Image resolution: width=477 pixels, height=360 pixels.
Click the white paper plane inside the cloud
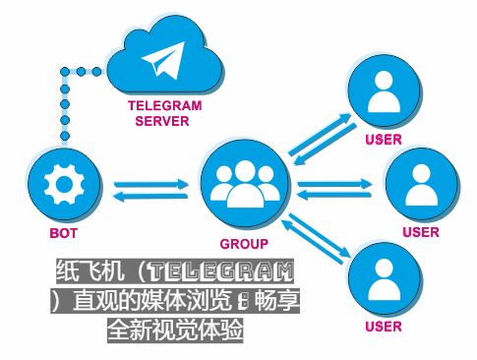(x=163, y=60)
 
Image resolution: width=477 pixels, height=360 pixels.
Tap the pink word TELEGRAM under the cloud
(x=164, y=105)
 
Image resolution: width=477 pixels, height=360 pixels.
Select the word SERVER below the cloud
(x=162, y=121)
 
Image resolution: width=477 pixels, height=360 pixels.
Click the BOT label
(x=63, y=233)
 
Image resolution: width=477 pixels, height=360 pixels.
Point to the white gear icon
(x=64, y=185)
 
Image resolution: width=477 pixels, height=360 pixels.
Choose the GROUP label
(x=244, y=244)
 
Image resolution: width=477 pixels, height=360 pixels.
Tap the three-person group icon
(x=245, y=184)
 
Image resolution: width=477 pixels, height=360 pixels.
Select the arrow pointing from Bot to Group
(x=150, y=184)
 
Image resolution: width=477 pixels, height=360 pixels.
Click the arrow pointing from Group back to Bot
(x=150, y=196)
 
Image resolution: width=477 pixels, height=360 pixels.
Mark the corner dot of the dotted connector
(x=65, y=72)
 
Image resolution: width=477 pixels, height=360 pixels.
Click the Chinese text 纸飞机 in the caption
(x=90, y=271)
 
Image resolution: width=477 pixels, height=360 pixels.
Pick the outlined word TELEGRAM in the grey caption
(x=221, y=271)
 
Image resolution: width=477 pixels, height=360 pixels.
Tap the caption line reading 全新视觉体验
(x=175, y=330)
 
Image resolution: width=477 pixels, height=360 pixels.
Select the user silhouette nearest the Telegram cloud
(x=384, y=91)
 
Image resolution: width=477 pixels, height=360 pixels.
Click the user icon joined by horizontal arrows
(x=422, y=185)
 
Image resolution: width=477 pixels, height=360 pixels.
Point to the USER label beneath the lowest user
(x=384, y=327)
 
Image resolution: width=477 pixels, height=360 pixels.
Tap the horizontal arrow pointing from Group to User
(x=334, y=184)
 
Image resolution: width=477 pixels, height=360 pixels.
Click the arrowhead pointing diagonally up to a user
(x=345, y=118)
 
